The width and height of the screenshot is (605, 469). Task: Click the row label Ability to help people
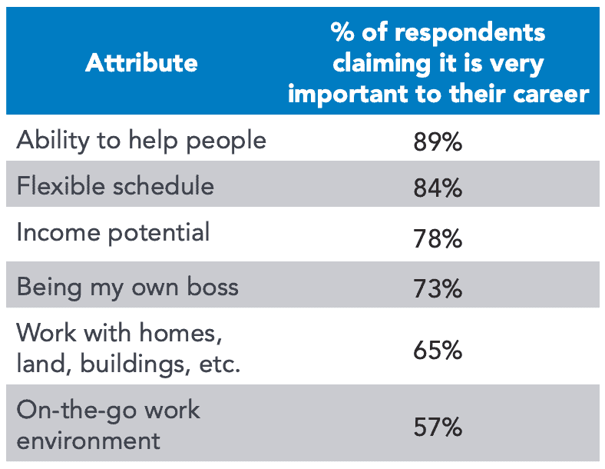(141, 141)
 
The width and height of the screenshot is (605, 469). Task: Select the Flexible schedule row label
(115, 186)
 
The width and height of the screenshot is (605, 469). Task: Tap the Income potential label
(113, 232)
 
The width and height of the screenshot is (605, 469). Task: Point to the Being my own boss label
(127, 287)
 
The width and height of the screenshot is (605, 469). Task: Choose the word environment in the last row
(88, 441)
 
